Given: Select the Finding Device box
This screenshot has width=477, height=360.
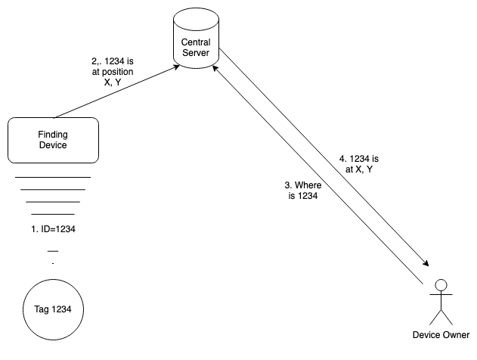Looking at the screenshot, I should [x=53, y=140].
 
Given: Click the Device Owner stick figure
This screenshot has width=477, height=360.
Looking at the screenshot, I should [x=441, y=303].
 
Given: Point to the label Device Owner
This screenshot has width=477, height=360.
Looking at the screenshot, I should [x=441, y=336].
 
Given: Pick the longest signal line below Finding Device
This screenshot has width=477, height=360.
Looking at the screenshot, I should [x=53, y=177].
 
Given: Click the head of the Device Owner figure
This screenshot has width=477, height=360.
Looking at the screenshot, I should [x=441, y=286].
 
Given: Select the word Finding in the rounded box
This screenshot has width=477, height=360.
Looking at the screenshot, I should [x=53, y=135].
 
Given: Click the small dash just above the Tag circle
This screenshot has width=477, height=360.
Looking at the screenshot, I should [x=53, y=250].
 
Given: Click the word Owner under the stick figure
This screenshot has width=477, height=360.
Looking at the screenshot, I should [x=456, y=336].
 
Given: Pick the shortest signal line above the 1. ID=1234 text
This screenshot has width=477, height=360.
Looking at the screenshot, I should [x=53, y=214].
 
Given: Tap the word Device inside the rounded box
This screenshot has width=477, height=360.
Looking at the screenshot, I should [x=53, y=146].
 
